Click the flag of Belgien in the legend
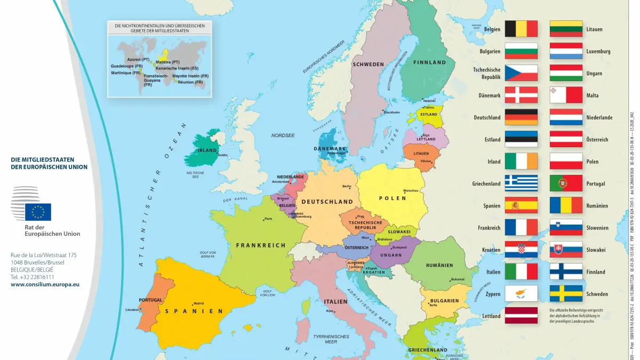(x=521, y=29)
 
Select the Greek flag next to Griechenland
(x=521, y=183)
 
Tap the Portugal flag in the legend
(x=566, y=183)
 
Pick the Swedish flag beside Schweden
(x=566, y=294)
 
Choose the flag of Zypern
(x=521, y=294)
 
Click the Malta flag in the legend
(x=566, y=95)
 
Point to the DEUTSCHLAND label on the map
(x=327, y=202)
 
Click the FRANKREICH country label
(x=261, y=245)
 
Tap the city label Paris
(x=268, y=219)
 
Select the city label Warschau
(x=411, y=190)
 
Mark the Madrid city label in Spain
(x=198, y=303)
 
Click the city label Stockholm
(x=391, y=112)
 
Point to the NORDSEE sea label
(x=283, y=135)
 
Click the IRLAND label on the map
(x=207, y=150)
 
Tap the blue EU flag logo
(x=38, y=212)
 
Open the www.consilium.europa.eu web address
(x=45, y=284)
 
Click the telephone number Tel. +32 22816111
(x=32, y=277)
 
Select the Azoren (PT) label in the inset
(x=138, y=59)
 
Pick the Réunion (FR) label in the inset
(x=190, y=82)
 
